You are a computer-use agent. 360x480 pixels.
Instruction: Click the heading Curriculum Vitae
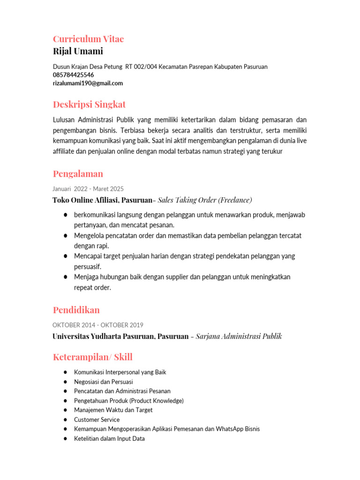coord(88,39)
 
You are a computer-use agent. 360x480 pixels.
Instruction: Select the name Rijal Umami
coord(78,51)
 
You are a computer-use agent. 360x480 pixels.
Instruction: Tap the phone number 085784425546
coord(73,75)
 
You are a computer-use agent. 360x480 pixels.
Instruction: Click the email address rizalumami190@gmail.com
coord(88,83)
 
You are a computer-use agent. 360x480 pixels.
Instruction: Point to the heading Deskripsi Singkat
coord(89,104)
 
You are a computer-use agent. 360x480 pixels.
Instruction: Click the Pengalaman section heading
coord(78,174)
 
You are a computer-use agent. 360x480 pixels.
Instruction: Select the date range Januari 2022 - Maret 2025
coord(88,189)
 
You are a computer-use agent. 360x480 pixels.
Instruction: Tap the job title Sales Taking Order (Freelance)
coord(205,200)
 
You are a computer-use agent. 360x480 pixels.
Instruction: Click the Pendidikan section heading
coord(76,310)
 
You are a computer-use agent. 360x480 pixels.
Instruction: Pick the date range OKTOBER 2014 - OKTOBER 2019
coord(98,325)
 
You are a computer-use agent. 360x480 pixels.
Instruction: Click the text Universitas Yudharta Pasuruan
coord(103,337)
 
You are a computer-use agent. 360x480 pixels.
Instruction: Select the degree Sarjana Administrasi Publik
coord(239,337)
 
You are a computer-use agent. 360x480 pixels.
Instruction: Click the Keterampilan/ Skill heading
coord(93,357)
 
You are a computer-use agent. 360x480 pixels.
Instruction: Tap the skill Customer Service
coord(97,420)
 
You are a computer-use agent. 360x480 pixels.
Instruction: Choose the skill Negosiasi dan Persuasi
coord(103,382)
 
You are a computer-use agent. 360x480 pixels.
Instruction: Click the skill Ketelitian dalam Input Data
coord(109,439)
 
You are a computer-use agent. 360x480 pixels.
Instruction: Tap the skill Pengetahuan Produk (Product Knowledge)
coord(128,401)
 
